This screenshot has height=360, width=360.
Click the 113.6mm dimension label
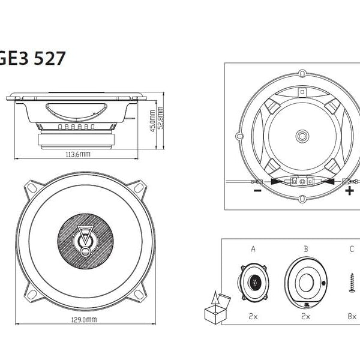tap(77, 154)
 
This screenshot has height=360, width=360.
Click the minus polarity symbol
tap(257, 192)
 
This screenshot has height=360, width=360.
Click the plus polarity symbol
tap(349, 191)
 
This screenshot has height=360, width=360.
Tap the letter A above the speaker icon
tap(253, 248)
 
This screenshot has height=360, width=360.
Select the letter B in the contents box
tap(305, 248)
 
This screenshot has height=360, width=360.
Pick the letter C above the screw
tap(352, 248)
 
